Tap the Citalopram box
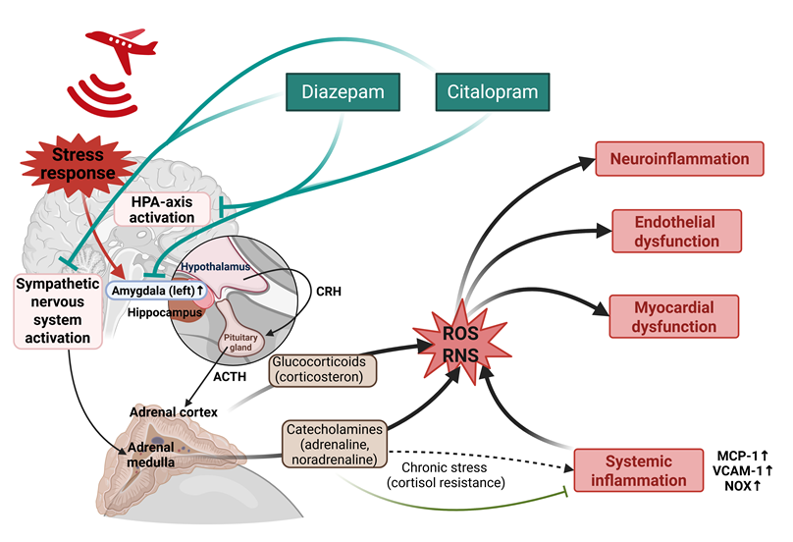491,93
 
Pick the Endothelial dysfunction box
677,229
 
